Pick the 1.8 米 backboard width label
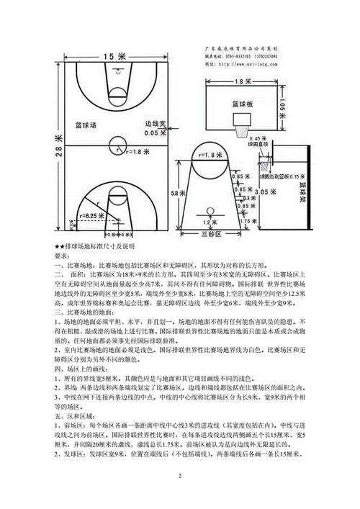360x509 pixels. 238,81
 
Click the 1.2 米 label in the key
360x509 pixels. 211,222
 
